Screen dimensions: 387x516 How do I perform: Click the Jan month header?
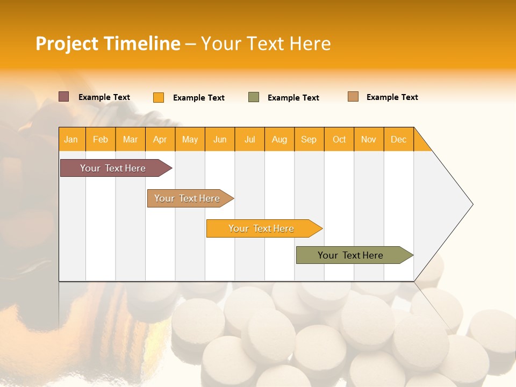click(x=71, y=139)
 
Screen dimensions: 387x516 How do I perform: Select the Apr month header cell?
click(x=160, y=139)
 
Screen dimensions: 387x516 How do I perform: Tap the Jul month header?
click(x=249, y=139)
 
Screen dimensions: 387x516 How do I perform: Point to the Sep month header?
click(x=309, y=139)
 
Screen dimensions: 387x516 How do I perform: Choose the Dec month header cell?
click(x=398, y=139)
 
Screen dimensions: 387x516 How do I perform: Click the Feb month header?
click(x=101, y=139)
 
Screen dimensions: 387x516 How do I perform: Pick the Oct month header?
click(x=339, y=139)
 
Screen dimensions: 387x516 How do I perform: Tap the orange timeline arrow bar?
click(x=262, y=228)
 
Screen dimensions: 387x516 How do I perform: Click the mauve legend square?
click(x=64, y=97)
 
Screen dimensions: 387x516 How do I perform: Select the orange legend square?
click(x=159, y=97)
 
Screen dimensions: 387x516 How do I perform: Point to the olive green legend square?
click(x=254, y=97)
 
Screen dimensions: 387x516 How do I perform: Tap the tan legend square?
click(x=353, y=97)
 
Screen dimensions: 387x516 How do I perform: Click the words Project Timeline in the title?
click(x=107, y=44)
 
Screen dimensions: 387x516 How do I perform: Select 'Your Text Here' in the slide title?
click(x=266, y=44)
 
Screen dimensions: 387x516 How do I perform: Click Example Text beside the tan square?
click(x=392, y=97)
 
